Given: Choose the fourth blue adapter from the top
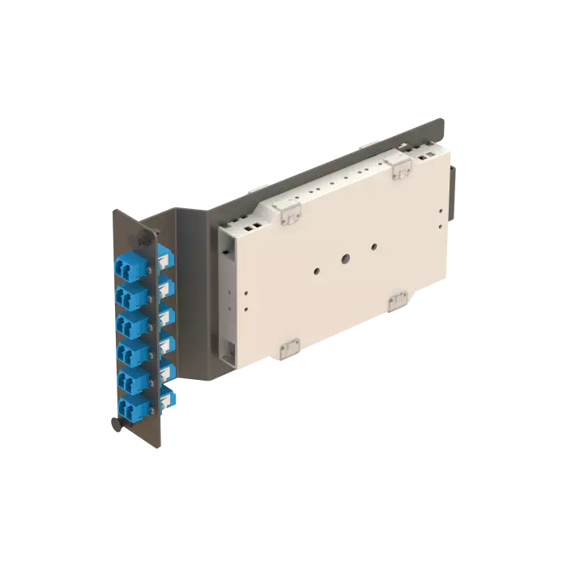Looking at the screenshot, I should tap(130, 352).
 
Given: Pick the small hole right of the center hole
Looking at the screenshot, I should tap(374, 246).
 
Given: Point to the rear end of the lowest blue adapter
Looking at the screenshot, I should tap(169, 396).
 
